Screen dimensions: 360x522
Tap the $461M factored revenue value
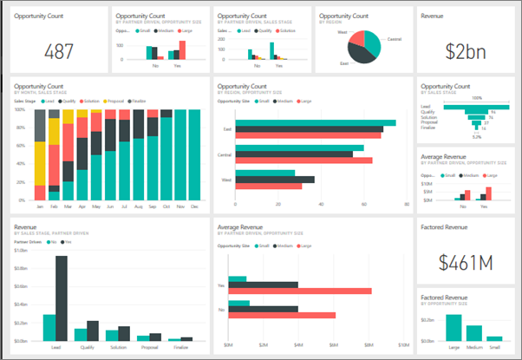[465, 261]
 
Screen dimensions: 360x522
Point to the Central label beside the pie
[394, 39]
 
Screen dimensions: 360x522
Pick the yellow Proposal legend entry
[114, 101]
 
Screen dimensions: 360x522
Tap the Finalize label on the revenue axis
[180, 345]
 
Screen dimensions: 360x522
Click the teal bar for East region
[316, 123]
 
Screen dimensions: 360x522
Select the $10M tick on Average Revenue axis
[406, 345]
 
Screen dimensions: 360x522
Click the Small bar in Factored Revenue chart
[493, 338]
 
